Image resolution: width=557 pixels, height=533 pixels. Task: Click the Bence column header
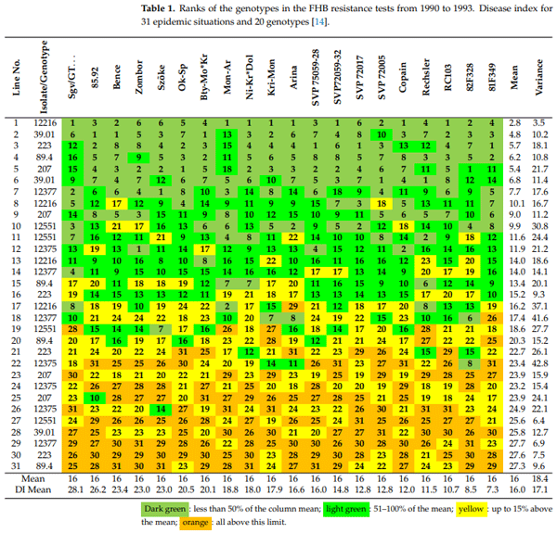click(115, 82)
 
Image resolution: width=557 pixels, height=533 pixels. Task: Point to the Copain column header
click(404, 81)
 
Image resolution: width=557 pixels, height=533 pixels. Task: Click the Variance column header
click(539, 81)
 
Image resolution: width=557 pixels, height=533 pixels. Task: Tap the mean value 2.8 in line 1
click(516, 122)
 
